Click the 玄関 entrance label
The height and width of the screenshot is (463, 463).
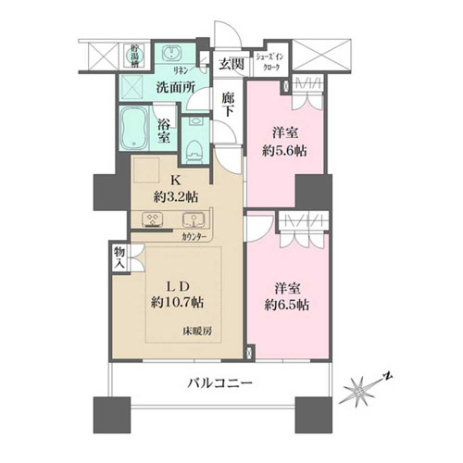tap(230, 64)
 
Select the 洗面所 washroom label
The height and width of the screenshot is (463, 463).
tap(173, 88)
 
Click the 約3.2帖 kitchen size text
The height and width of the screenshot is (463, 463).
tap(174, 196)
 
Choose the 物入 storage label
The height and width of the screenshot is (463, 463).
tap(119, 257)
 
